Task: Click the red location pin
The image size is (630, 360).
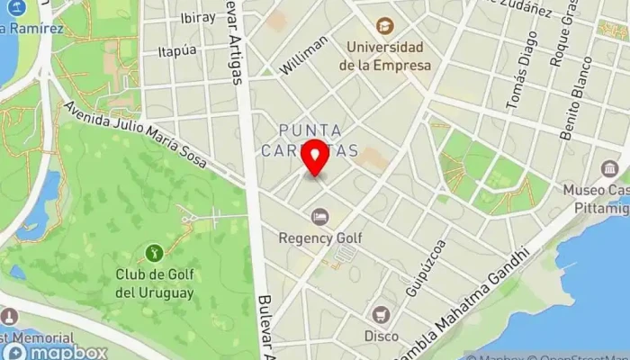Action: pos(315,158)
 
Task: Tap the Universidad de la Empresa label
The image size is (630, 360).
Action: pos(385,56)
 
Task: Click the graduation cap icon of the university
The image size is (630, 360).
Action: pos(385,26)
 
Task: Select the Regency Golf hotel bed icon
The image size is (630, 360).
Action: pos(319,217)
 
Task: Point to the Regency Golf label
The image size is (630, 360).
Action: pos(319,238)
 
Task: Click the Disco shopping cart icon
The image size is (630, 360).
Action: pos(382,315)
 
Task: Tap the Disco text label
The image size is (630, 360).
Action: pos(382,336)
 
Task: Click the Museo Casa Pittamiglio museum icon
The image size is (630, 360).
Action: pos(610,169)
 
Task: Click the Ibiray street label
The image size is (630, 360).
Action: pos(197,18)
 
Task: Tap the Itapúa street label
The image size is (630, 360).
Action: pos(177,51)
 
